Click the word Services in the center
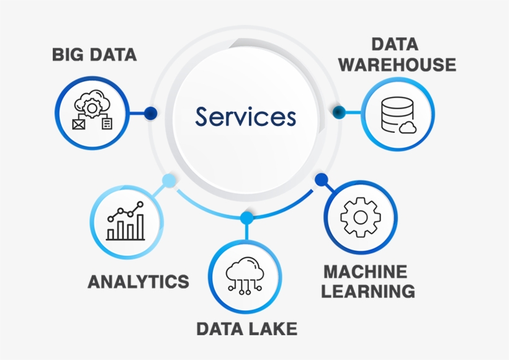pos(246,117)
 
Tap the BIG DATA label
pos(94,55)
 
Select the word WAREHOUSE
pos(397,65)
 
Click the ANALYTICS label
pos(138,281)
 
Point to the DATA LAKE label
pos(246,328)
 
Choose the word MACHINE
pos(366,271)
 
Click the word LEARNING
pos(369,290)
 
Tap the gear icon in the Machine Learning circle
pos(361,217)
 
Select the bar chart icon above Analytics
pos(125,222)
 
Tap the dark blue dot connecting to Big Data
pos(150,113)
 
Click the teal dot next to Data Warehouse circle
pos(339,112)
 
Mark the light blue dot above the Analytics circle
pos(168,181)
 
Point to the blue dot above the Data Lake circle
pos(246,217)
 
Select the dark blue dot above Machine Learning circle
pos(321,180)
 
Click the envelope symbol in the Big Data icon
pos(79,124)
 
